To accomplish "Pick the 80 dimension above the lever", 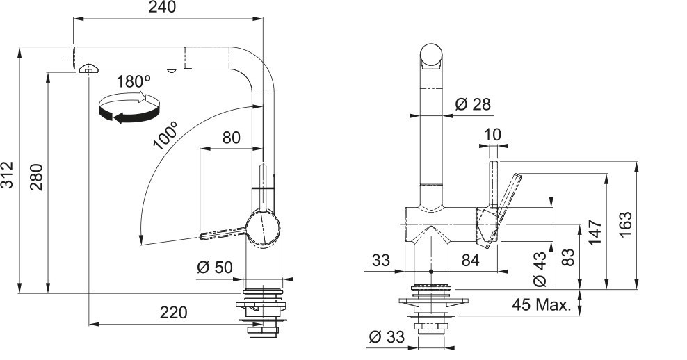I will [231, 138].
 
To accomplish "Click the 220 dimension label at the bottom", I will [174, 313].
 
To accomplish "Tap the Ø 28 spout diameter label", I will [474, 105].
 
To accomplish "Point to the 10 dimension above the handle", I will [492, 134].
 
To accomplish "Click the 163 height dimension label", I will [625, 225].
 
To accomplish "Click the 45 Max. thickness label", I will [542, 305].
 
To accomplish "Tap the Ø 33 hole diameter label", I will [387, 338].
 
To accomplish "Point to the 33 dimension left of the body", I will [381, 261].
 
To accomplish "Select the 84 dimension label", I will [471, 261].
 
